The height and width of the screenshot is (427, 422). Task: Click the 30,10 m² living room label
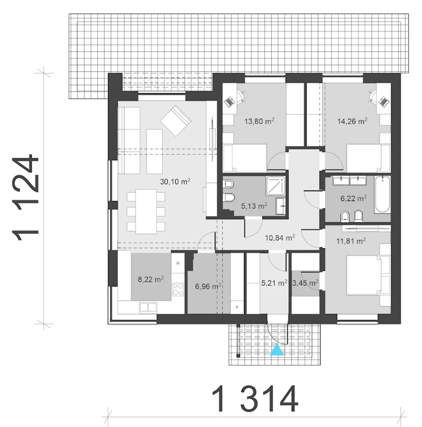pyautogui.click(x=175, y=182)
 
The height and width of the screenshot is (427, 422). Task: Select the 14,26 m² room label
pyautogui.click(x=352, y=121)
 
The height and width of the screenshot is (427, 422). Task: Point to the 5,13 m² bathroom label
pyautogui.click(x=254, y=206)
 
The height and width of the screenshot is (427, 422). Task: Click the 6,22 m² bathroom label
pyautogui.click(x=353, y=198)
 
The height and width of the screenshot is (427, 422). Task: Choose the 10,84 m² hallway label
pyautogui.click(x=280, y=238)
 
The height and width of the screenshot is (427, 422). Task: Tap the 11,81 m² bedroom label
pyautogui.click(x=351, y=241)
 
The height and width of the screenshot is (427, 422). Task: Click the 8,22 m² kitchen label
pyautogui.click(x=151, y=279)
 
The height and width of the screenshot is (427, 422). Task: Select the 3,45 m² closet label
pyautogui.click(x=305, y=283)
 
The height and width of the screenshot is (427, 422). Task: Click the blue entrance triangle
pyautogui.click(x=277, y=349)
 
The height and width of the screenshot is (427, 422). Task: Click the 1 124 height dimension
pyautogui.click(x=26, y=197)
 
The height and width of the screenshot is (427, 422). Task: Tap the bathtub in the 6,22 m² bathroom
pyautogui.click(x=382, y=194)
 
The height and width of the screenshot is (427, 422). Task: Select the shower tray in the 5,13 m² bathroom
pyautogui.click(x=276, y=186)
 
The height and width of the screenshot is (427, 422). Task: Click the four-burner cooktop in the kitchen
pyautogui.click(x=178, y=289)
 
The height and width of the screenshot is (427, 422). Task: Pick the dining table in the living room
pyautogui.click(x=146, y=211)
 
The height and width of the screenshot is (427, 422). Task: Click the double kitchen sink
pyautogui.click(x=148, y=307)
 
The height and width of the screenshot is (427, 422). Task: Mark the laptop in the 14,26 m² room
pyautogui.click(x=383, y=102)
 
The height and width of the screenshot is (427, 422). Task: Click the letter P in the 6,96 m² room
pyautogui.click(x=237, y=307)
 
